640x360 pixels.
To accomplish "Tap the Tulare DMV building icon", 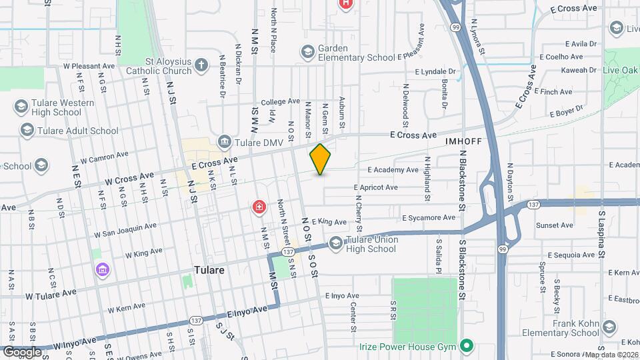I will [223, 143].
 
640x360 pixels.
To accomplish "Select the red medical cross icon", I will [259, 209].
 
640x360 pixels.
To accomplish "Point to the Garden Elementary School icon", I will [307, 51].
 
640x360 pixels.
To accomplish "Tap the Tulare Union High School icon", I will [335, 244].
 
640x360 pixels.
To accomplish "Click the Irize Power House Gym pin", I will [467, 346].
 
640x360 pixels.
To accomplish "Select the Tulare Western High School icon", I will [20, 107].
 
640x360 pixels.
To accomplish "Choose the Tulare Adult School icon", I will [26, 130].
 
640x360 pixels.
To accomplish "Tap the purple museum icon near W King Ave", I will [103, 269].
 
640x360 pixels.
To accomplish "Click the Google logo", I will [22, 351].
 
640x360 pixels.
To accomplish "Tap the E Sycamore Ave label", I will [429, 217].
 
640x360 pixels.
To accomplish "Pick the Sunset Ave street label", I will [555, 225].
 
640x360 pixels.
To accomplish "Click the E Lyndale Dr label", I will [435, 71].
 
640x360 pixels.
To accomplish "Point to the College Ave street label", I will [280, 101].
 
